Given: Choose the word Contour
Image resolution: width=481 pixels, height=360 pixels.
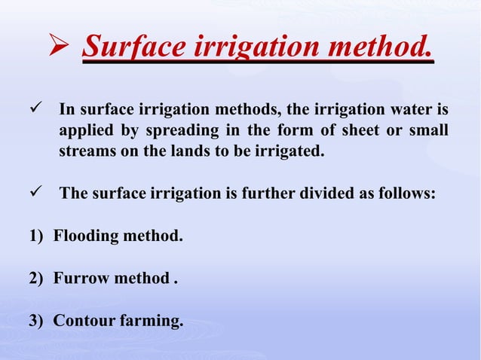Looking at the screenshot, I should pos(83,322).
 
